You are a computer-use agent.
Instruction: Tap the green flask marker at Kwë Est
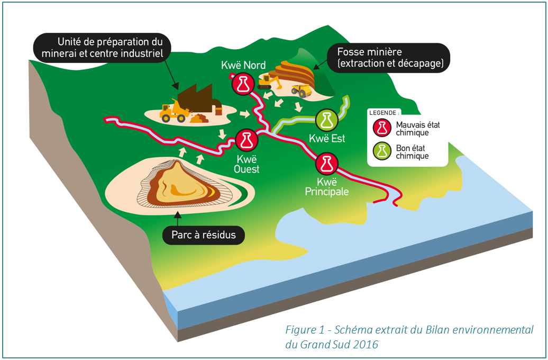coord(326,120)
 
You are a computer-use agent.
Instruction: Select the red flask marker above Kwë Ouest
coord(246,140)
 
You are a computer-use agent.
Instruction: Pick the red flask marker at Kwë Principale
coord(326,163)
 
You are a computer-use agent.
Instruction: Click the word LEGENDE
coord(385,113)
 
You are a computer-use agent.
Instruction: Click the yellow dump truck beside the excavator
coord(301,89)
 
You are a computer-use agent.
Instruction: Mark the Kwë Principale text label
coord(327,186)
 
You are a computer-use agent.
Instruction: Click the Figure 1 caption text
coord(409,336)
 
